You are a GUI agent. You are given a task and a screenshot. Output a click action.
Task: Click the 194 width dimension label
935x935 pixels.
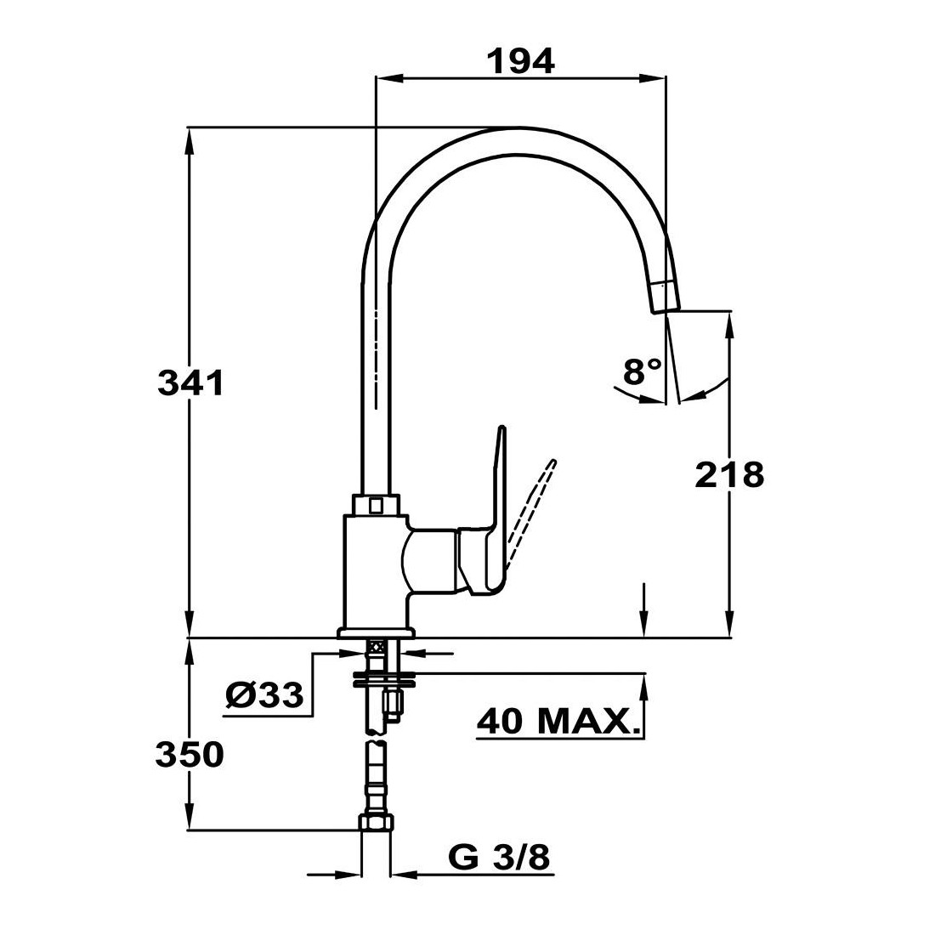(x=521, y=61)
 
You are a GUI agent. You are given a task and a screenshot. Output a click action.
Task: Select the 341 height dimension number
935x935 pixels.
(x=190, y=382)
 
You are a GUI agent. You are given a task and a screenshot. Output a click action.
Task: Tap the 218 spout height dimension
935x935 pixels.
(x=730, y=475)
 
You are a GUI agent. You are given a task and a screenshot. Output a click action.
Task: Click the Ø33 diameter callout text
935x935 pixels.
(x=264, y=694)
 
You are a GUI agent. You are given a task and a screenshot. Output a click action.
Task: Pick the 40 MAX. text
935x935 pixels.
(x=559, y=722)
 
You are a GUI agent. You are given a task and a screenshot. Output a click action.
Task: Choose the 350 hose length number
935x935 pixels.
(x=190, y=754)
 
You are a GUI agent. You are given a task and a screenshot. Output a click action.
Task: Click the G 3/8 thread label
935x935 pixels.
(x=498, y=858)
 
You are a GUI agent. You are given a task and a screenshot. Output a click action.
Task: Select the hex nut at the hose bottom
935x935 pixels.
(x=377, y=823)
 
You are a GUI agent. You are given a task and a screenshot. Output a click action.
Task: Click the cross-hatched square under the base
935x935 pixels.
(x=377, y=646)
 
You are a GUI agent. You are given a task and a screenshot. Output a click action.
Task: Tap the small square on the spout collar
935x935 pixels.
(x=376, y=506)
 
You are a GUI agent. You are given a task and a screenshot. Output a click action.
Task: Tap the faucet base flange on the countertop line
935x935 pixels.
(x=377, y=632)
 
